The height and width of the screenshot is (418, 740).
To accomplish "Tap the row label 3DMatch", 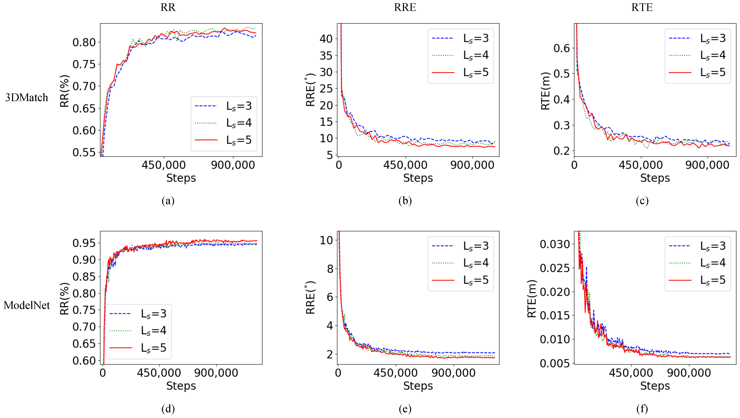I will coord(26,98).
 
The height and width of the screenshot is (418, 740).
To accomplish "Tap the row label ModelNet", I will coord(27,305).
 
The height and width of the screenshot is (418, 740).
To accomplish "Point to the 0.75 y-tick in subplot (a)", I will coord(84,64).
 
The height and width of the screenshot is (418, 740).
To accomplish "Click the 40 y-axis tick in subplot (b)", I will coord(326,39).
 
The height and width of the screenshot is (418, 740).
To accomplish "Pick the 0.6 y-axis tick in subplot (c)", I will coord(561,48).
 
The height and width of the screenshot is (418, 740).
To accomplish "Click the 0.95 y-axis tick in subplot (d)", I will coord(84,243).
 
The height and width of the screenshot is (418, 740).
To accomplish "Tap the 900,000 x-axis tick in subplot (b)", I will coord(472,165).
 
